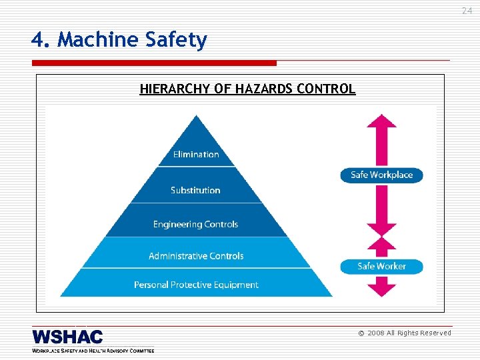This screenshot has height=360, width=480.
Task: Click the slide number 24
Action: [467, 10]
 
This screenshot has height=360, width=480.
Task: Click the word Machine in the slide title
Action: [99, 41]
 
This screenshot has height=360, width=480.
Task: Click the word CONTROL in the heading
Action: [329, 89]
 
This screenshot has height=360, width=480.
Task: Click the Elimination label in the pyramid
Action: [196, 155]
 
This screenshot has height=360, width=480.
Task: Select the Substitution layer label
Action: [195, 191]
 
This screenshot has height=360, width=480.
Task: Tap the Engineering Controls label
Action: [195, 225]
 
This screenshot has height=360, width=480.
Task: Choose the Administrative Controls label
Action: [196, 256]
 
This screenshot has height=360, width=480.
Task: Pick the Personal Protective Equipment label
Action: [196, 285]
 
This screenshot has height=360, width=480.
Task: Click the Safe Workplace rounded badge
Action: [382, 175]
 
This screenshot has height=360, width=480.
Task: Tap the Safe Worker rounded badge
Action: [381, 266]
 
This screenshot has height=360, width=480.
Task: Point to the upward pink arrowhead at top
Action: [381, 122]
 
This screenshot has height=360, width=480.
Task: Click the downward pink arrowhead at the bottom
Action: [381, 289]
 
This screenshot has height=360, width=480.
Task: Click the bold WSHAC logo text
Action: [67, 337]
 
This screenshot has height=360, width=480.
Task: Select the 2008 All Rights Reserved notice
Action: [405, 333]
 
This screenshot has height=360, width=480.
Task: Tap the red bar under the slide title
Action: [153, 63]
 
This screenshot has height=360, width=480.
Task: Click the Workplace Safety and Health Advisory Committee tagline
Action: [93, 350]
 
